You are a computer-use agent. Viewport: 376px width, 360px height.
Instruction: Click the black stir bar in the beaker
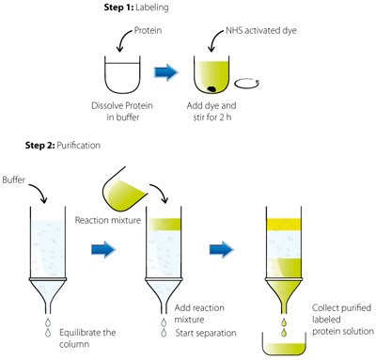click(x=211, y=89)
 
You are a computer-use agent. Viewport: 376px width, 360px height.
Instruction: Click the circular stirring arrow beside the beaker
click(x=247, y=88)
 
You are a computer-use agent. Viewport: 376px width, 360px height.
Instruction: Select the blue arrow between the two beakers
click(x=166, y=72)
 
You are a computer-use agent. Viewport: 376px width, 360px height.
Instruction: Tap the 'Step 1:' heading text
click(x=118, y=8)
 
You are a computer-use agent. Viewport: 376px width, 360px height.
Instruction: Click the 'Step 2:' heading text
click(x=40, y=146)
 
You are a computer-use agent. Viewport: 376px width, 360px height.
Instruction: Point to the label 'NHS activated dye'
click(x=261, y=30)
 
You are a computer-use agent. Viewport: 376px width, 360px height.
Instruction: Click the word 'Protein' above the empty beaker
click(x=148, y=30)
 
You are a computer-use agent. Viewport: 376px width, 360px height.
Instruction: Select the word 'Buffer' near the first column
click(x=13, y=180)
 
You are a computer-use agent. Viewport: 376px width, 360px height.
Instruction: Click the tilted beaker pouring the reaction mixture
click(x=124, y=191)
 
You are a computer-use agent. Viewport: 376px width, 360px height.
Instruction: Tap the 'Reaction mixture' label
click(x=108, y=220)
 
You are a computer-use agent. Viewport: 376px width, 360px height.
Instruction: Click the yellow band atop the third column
click(x=284, y=225)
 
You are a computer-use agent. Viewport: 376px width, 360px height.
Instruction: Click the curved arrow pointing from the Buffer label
click(x=40, y=191)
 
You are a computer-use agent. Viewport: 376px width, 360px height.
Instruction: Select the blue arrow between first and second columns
click(x=103, y=249)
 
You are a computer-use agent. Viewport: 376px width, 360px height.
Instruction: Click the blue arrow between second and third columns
click(x=222, y=249)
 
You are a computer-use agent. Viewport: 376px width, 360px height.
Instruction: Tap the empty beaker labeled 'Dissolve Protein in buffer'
click(x=122, y=74)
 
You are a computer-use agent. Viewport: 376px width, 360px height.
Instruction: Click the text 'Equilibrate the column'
click(x=87, y=338)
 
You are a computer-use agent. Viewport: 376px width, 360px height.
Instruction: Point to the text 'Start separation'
click(x=206, y=333)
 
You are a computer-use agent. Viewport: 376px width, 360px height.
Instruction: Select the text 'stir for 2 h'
click(x=212, y=117)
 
